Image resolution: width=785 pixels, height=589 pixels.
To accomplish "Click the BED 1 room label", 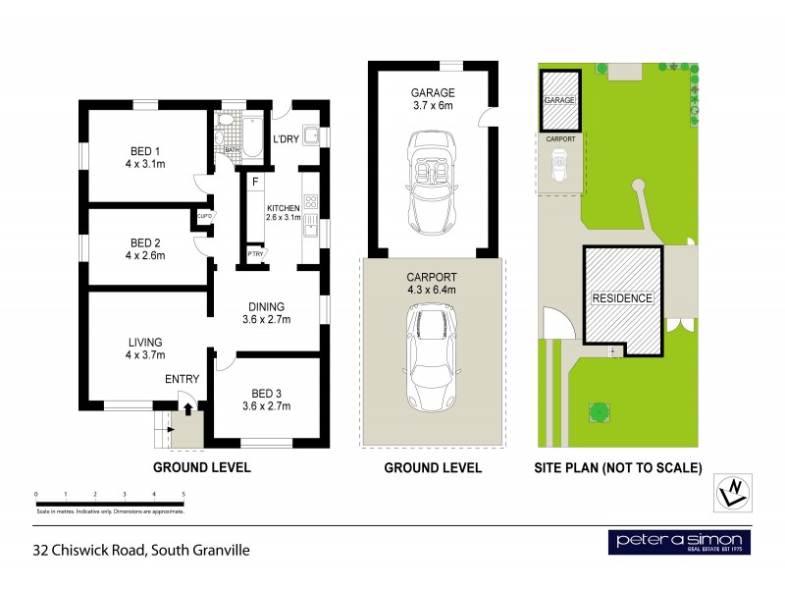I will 145,158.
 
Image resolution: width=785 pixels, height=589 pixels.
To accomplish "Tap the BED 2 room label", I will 145,248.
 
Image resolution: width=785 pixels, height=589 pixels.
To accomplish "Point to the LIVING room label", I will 145,348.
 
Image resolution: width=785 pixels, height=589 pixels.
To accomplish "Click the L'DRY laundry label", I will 287,139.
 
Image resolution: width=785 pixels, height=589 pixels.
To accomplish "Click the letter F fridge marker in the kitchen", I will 254,182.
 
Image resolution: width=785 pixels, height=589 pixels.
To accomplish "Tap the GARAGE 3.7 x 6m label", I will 433,99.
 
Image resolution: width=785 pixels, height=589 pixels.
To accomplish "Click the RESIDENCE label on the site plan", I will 621,297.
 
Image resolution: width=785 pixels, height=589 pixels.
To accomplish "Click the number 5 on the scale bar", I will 183,494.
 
